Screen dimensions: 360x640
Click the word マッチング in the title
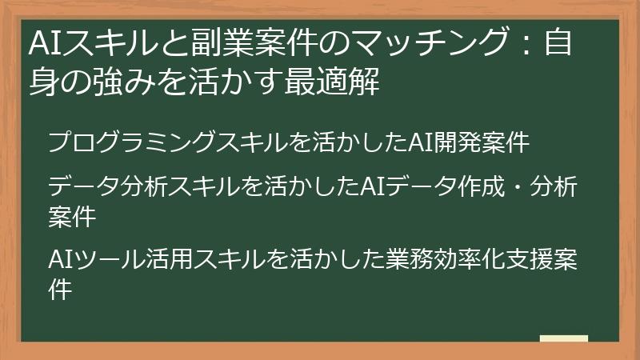point(417,42)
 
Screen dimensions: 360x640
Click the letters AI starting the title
point(40,42)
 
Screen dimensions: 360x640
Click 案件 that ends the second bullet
point(71,216)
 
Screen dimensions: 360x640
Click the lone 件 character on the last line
point(59,289)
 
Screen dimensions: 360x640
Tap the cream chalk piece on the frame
point(563,339)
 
